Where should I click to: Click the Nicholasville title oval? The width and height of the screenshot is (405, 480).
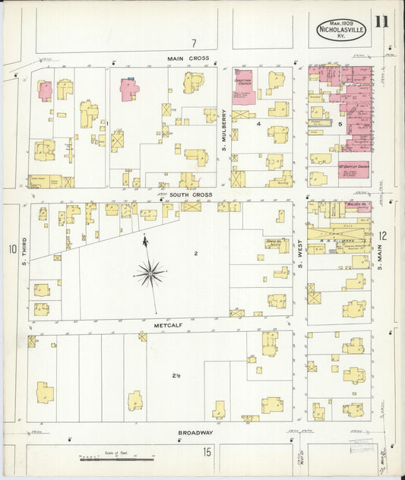(x=340, y=28)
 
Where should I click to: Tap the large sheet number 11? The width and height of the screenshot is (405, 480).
(x=381, y=21)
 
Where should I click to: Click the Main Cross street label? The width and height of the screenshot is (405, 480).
(x=188, y=58)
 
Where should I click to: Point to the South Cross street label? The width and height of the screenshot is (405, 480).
(x=190, y=194)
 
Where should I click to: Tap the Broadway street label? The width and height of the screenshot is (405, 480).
(x=195, y=433)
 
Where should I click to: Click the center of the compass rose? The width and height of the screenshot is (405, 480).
(x=150, y=272)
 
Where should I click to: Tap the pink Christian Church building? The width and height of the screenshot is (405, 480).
(x=243, y=87)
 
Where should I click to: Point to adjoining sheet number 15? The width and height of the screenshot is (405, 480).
(x=207, y=452)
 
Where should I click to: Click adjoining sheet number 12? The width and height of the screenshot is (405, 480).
(x=383, y=236)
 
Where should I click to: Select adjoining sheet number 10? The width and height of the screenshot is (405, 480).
(x=11, y=248)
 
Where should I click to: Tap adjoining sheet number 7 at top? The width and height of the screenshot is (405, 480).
(x=194, y=43)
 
